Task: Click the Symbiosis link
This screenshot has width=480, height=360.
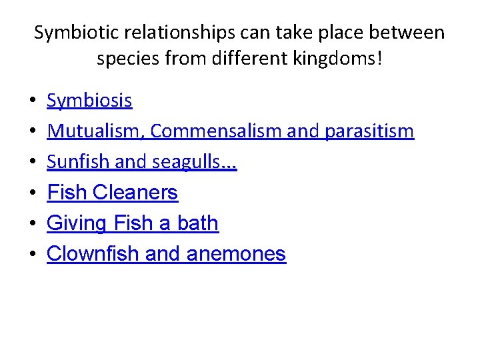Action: click(89, 101)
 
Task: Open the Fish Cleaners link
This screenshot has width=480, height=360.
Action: click(112, 193)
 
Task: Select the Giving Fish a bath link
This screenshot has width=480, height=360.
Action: click(132, 223)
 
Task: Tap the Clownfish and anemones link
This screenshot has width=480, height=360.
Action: click(166, 253)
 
